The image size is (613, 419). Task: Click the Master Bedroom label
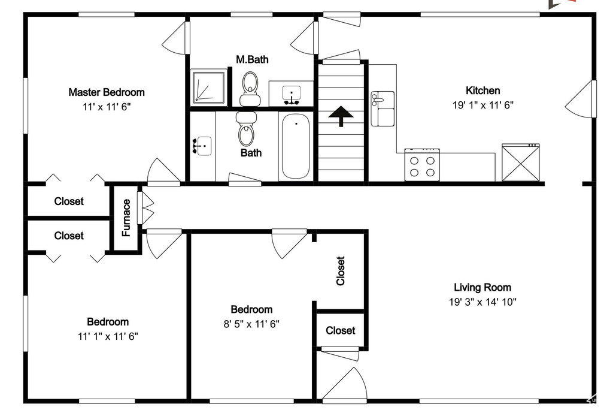107,92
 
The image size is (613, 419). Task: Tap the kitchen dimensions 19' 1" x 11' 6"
483,105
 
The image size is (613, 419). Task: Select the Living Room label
482,288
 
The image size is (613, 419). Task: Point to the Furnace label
126,218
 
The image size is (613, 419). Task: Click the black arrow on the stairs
341,116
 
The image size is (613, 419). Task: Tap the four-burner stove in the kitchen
422,165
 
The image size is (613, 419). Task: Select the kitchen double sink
383,108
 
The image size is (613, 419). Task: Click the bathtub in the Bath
296,146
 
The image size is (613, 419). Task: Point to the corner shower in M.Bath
209,88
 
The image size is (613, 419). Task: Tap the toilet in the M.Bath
250,89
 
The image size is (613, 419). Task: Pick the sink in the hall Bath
203,146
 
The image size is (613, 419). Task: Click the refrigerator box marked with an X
521,162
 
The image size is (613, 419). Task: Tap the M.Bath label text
252,59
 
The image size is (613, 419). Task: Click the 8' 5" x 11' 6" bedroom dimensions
251,324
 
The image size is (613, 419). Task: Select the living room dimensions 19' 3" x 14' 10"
483,302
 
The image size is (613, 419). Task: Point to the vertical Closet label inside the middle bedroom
341,270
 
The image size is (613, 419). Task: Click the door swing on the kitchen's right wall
581,99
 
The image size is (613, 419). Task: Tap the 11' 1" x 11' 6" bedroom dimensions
108,336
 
